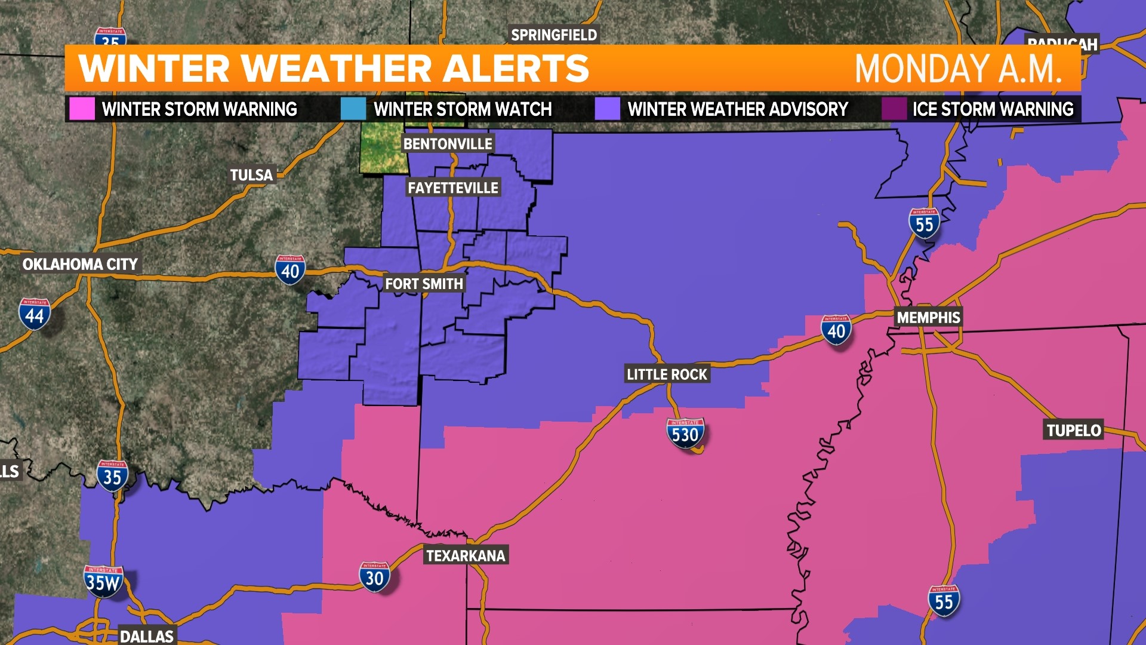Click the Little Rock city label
coord(667,374)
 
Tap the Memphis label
coord(928,318)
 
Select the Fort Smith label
coord(424,284)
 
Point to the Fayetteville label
coord(453,188)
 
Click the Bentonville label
coord(448,144)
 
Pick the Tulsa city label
coord(251,175)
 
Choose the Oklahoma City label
coord(80,264)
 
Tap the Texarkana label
coord(466,556)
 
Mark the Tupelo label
coord(1074,430)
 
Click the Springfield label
coord(554,35)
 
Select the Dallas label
coord(147,636)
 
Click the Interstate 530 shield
coord(685,434)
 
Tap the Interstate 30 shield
coord(374,578)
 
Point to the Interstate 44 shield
coord(35,314)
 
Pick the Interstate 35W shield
coord(103,582)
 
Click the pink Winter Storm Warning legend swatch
coord(82,109)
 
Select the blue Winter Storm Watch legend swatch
coord(353,109)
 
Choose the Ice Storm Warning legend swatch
coord(894,109)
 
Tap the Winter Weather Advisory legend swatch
coord(607,109)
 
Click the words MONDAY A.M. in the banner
coord(958,69)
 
